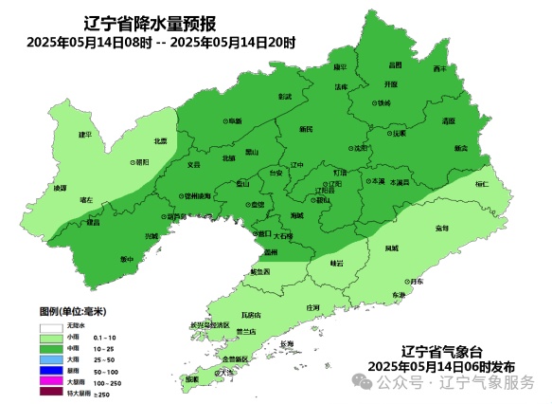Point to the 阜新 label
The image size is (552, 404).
232,121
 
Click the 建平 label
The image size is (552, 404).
84,135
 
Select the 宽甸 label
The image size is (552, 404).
441,229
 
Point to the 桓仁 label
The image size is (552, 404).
481,184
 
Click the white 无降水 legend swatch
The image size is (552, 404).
51,325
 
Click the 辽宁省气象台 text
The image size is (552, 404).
441,350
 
